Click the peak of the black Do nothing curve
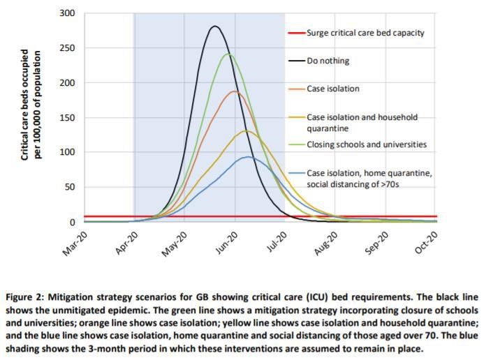click(x=215, y=27)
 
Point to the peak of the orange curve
click(x=235, y=91)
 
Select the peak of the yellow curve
click(x=246, y=130)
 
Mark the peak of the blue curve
click(x=247, y=157)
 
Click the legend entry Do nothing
click(x=328, y=61)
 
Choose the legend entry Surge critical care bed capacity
click(x=365, y=33)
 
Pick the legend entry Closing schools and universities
click(x=366, y=144)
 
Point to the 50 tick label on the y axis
click(x=70, y=187)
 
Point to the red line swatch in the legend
click(x=296, y=33)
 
